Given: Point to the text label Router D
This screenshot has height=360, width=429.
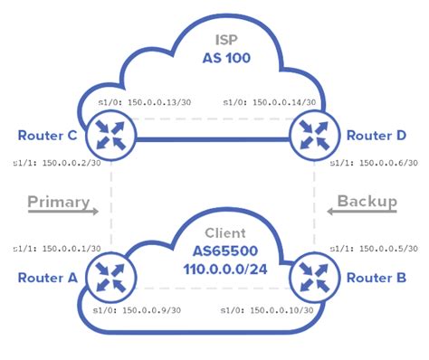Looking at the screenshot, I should [x=375, y=137].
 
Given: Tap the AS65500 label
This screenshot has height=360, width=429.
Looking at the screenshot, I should [x=213, y=251].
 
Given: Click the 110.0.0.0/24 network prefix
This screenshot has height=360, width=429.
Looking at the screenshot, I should [x=213, y=270].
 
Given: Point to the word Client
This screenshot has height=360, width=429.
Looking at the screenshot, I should [x=213, y=233].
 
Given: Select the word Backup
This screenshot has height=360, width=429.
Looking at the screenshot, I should [x=367, y=201].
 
